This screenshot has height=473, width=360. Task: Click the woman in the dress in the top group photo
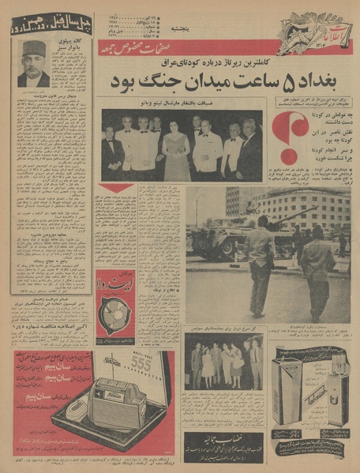176,148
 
